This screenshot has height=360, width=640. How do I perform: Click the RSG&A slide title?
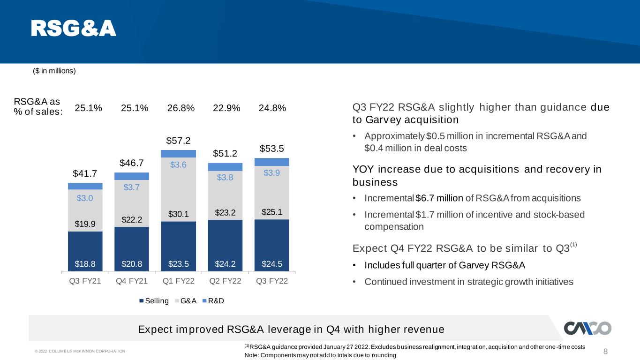click(x=74, y=28)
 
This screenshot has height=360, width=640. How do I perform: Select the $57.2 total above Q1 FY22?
click(x=178, y=141)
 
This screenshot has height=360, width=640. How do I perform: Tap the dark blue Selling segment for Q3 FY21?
click(x=85, y=251)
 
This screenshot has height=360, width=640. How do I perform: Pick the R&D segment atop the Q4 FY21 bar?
click(x=132, y=176)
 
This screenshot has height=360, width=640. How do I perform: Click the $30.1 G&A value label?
click(x=178, y=214)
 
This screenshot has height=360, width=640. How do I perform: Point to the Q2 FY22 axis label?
click(x=225, y=281)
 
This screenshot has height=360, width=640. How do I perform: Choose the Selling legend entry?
click(x=154, y=301)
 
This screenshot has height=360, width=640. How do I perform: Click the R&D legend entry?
click(x=213, y=301)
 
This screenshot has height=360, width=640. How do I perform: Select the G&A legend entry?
click(x=186, y=301)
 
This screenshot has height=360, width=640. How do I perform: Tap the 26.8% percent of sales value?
click(x=181, y=108)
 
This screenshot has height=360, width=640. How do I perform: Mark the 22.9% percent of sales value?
click(x=226, y=108)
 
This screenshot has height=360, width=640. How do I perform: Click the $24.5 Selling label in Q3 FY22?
click(x=272, y=264)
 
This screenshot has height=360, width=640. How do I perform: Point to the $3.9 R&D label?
click(x=272, y=172)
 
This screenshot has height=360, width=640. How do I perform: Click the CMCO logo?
click(x=587, y=328)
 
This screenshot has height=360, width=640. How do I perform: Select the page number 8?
click(x=605, y=352)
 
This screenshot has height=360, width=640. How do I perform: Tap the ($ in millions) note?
click(x=54, y=71)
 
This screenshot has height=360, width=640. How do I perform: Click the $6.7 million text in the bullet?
click(x=439, y=198)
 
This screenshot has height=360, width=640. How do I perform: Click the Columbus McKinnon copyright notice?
click(x=80, y=351)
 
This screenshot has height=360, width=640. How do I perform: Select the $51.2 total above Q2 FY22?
click(x=225, y=154)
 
